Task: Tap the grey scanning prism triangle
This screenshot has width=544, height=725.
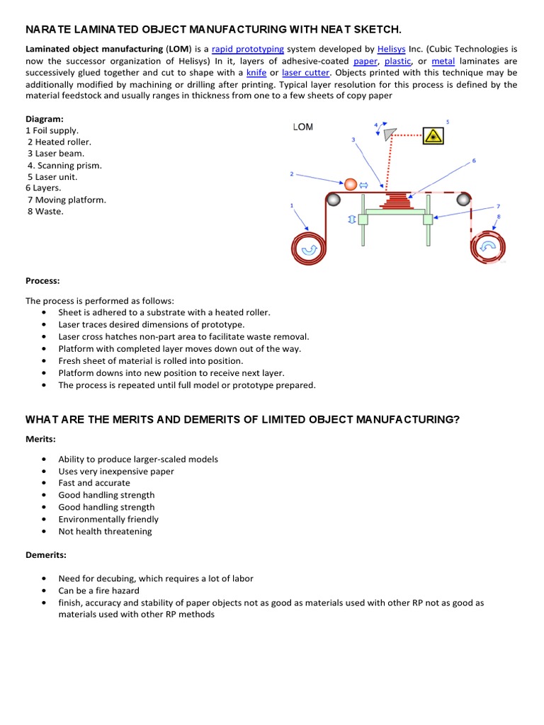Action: pos(389,133)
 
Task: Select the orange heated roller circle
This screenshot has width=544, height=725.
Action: pos(351,184)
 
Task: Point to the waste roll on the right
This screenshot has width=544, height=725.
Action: pos(489,246)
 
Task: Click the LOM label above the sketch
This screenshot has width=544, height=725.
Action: pos(302,127)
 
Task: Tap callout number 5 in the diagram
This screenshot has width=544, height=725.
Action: pos(448,122)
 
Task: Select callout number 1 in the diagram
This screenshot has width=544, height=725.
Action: pos(292,205)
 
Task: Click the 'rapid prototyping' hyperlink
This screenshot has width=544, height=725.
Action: pos(248,49)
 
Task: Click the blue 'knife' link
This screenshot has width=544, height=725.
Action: pos(256,73)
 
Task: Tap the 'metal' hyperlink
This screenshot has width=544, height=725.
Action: pos(443,61)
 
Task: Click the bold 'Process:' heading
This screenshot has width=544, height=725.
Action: pos(42,281)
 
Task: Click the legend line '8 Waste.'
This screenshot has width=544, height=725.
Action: pos(45,211)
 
